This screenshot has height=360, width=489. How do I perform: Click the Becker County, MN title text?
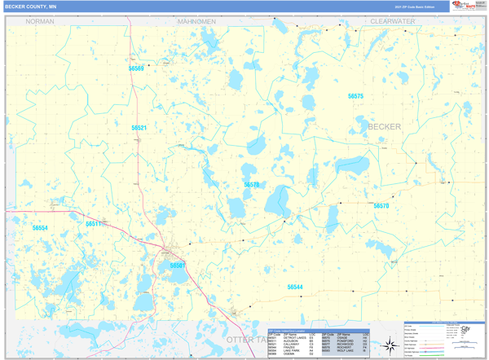(31, 6)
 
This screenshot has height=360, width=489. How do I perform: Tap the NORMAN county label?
(40, 21)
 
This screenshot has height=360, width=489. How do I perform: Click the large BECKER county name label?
(385, 127)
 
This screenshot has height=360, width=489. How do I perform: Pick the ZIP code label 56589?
(136, 69)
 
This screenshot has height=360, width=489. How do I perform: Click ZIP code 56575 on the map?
(355, 96)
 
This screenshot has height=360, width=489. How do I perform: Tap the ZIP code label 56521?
(139, 128)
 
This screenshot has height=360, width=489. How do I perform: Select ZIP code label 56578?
(252, 185)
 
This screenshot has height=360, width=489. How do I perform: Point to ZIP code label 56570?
(381, 206)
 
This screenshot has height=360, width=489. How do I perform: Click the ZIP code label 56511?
(94, 223)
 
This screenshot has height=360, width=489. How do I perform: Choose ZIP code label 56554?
(40, 228)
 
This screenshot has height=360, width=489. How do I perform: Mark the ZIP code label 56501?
(178, 266)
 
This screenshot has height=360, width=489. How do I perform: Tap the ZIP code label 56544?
(295, 287)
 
